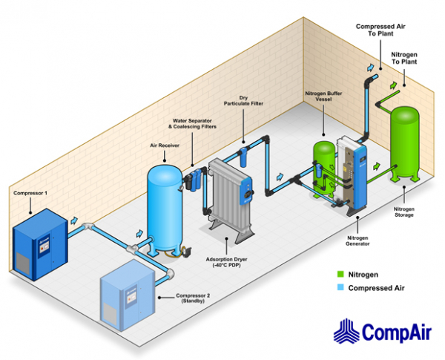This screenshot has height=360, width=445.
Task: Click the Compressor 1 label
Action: (30, 193)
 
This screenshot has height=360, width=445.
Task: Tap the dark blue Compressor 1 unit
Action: (40, 244)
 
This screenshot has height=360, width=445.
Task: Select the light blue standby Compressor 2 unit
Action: (128, 295)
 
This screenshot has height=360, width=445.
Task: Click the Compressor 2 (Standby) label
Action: (193, 298)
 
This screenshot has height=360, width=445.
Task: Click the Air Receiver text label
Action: (165, 145)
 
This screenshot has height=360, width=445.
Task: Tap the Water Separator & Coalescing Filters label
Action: (192, 124)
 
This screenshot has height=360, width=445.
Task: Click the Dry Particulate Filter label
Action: (243, 101)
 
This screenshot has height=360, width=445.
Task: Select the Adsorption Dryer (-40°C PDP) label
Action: (226, 262)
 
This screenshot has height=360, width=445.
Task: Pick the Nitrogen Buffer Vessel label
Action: (323, 96)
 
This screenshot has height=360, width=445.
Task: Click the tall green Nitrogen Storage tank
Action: (405, 143)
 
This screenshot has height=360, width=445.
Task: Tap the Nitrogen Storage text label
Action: (404, 212)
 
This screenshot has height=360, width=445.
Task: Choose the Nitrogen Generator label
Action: (357, 240)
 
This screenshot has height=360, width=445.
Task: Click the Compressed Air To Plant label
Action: (380, 30)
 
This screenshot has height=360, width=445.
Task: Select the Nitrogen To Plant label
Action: (404, 58)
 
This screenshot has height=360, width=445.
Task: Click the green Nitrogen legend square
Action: (340, 274)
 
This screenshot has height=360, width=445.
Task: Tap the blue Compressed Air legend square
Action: (340, 287)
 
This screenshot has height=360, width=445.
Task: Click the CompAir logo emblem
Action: (346, 331)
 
